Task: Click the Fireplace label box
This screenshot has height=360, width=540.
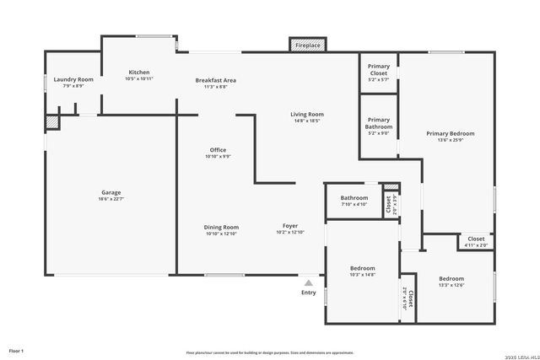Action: click(306, 45)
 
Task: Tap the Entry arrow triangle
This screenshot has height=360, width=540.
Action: click(309, 283)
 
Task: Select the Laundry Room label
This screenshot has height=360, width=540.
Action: click(73, 79)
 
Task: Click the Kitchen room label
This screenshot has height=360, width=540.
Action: click(139, 72)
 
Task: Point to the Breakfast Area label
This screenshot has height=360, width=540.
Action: click(215, 80)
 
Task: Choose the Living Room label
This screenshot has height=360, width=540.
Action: click(308, 114)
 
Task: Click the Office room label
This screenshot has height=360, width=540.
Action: click(218, 150)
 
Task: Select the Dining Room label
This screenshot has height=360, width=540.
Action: click(221, 226)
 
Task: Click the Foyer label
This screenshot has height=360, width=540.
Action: click(289, 226)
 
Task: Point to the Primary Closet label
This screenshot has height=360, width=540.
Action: click(379, 70)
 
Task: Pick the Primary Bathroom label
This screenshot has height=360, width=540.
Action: click(379, 123)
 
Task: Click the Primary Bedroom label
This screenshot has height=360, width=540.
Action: click(450, 133)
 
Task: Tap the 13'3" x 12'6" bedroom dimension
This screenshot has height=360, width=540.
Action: click(451, 285)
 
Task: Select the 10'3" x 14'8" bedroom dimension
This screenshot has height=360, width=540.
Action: click(362, 274)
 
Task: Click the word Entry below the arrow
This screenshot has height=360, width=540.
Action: click(309, 293)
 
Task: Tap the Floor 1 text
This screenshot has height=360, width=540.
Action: click(17, 350)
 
